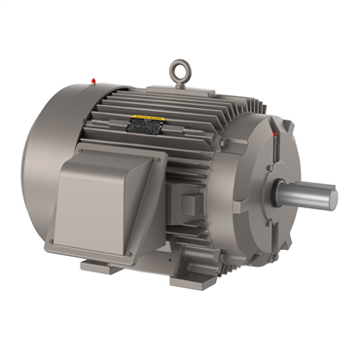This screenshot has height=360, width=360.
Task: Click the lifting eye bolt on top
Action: click(179, 74)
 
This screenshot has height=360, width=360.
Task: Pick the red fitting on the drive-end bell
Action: click(276, 132)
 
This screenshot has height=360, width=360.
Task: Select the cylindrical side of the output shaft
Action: click(306, 194)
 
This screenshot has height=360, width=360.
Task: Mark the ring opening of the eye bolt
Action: click(179, 70)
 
